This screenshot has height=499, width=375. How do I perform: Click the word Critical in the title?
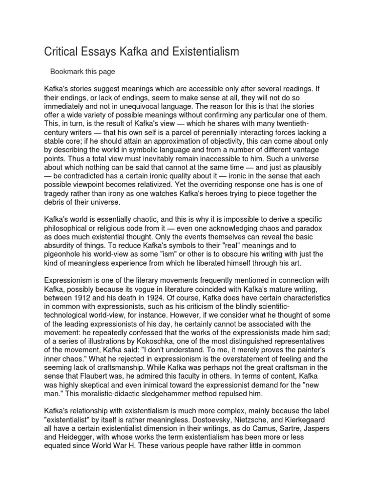click(x=62, y=52)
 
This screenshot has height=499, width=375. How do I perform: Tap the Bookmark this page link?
click(x=83, y=72)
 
